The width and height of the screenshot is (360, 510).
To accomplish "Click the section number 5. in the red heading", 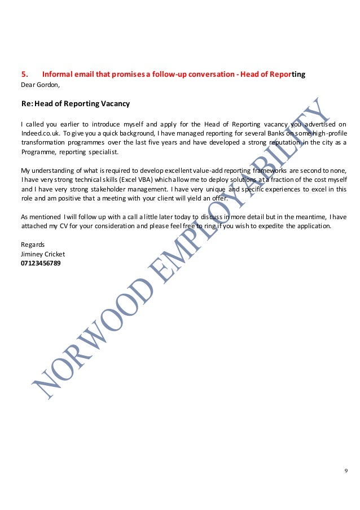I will pyautogui.click(x=24, y=73).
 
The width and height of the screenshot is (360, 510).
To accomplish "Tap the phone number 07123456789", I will pyautogui.click(x=41, y=263).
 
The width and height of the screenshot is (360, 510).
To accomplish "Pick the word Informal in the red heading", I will pyautogui.click(x=57, y=73).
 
